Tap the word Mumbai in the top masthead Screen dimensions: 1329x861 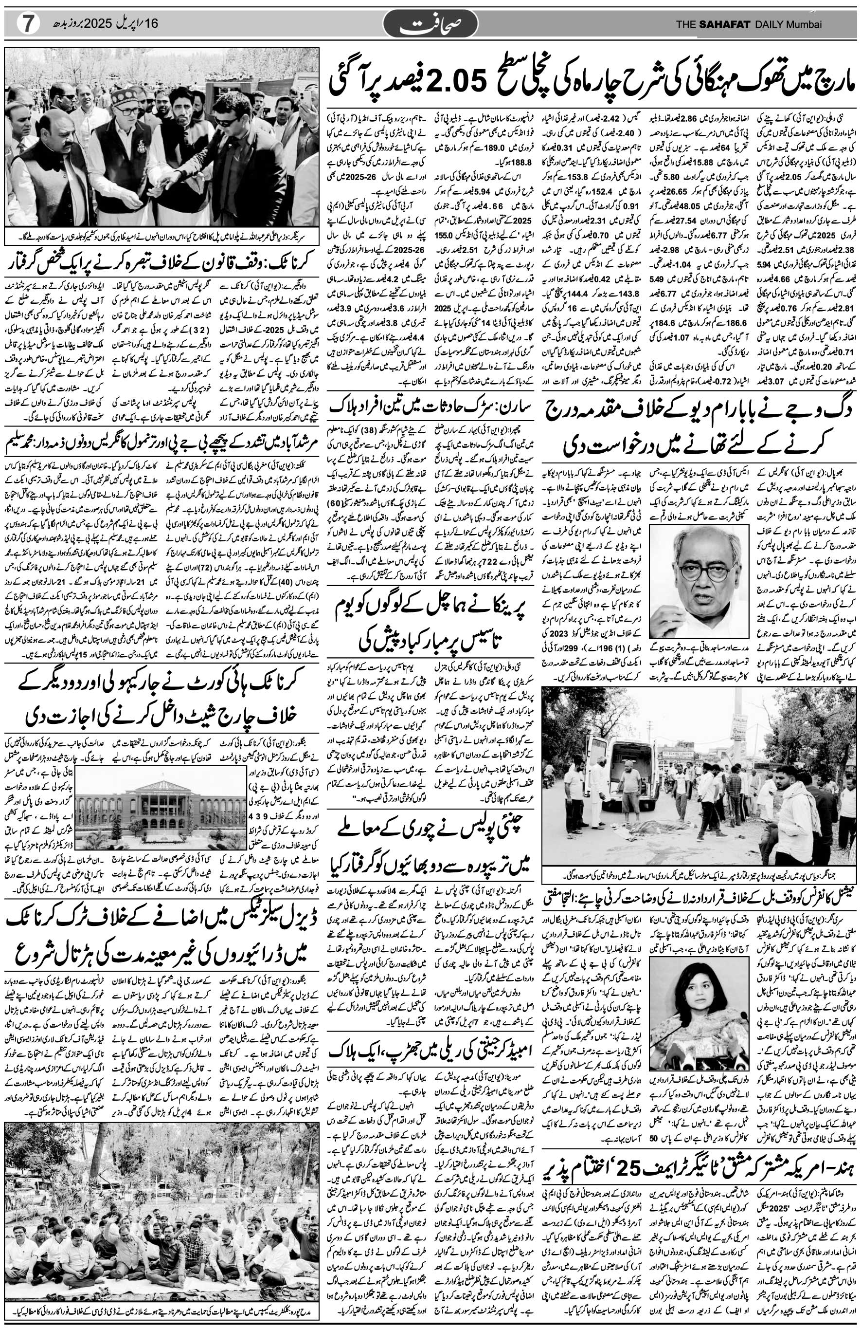[804, 24]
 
